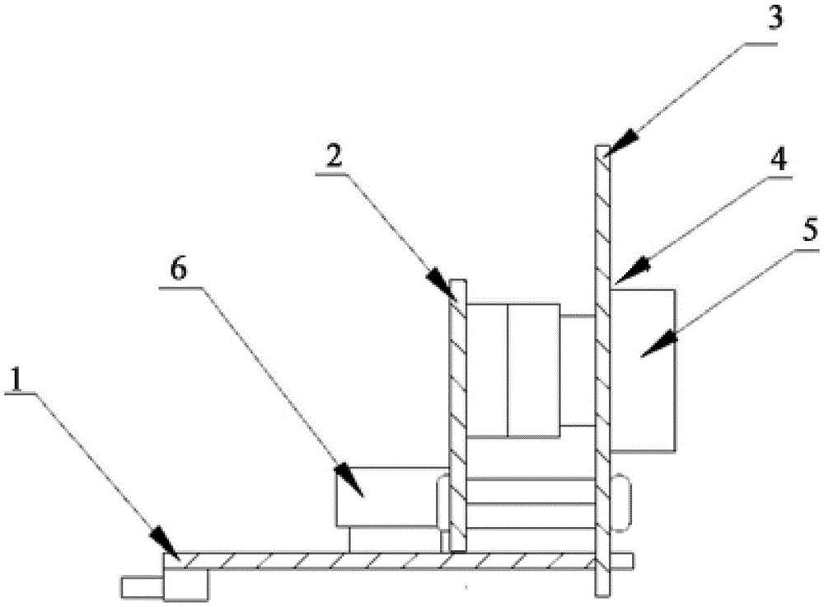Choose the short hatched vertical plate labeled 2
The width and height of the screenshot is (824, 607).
[x=459, y=412]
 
